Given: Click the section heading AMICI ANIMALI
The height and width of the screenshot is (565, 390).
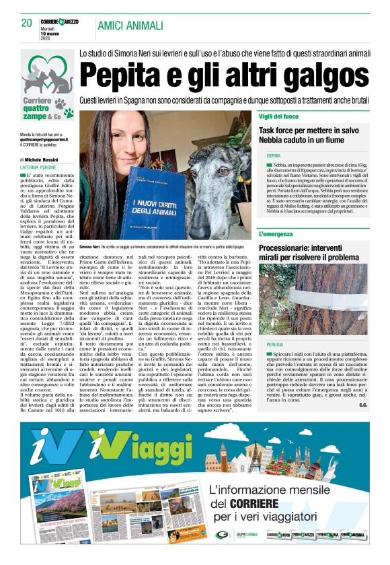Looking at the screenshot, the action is (130, 26).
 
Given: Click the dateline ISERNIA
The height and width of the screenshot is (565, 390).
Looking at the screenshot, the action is (273, 156).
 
